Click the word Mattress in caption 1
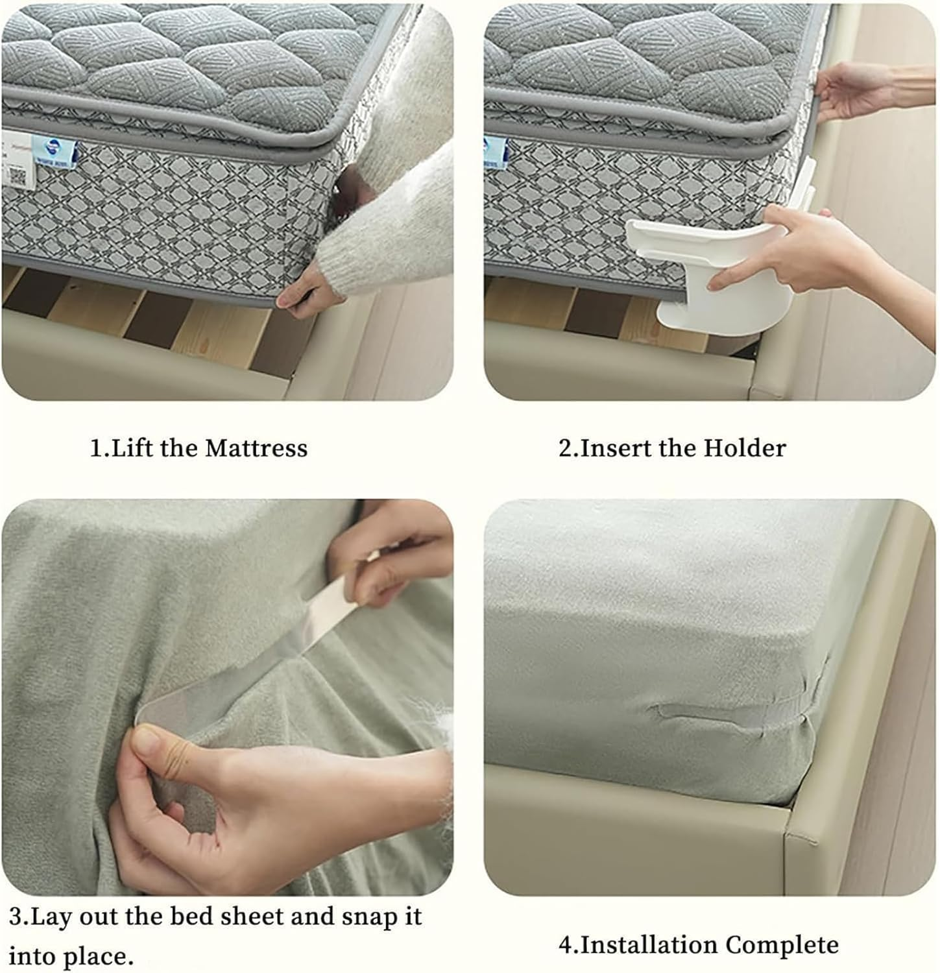click(256, 448)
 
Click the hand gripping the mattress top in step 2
click(850, 91)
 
